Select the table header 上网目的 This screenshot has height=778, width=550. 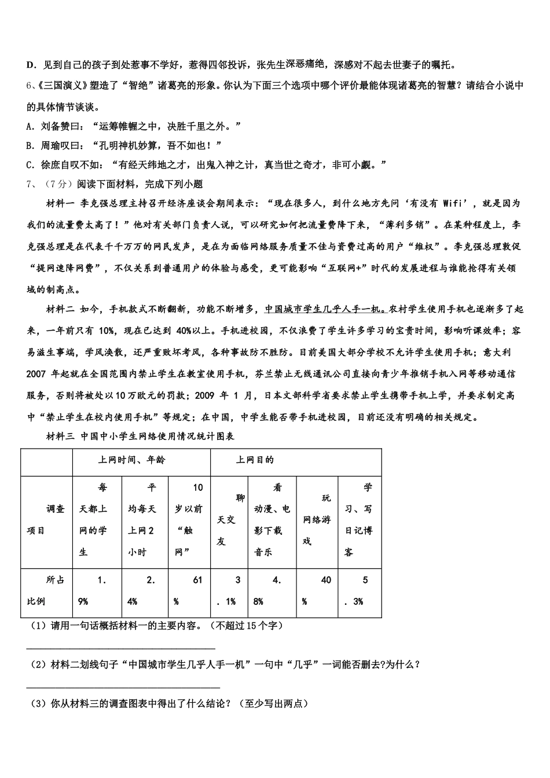255,460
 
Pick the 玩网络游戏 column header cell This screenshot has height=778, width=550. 317,519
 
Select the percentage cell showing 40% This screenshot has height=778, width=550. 317,590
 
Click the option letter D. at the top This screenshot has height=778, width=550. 31,65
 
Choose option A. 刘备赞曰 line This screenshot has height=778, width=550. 133,126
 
